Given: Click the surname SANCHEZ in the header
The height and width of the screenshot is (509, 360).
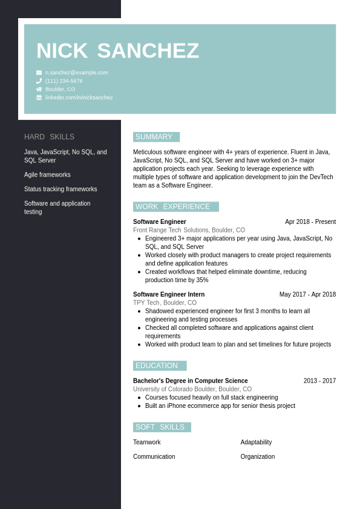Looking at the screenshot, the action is pos(148,51).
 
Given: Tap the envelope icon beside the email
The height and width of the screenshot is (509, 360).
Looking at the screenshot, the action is pos(39,73).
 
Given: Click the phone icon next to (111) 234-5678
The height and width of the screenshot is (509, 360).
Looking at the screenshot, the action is pos(39,81).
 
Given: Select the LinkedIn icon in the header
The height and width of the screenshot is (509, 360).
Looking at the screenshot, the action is pos(39,97).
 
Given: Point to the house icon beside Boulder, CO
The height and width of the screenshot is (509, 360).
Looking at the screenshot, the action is pos(39,89).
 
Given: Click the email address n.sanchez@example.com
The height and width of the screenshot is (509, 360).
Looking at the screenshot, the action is pos(77,73).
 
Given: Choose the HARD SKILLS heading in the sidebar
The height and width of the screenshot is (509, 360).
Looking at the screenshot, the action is pos(49,137).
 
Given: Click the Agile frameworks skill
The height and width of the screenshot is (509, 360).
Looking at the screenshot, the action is pos(47,175).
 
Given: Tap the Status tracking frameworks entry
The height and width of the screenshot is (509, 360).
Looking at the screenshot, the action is pos(61,189).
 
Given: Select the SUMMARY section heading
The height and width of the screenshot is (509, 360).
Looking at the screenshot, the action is pos(154,137).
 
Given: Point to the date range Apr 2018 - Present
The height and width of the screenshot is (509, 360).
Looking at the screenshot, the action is pos(310,222).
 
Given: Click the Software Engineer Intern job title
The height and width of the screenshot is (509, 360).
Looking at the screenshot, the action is pos(169,295).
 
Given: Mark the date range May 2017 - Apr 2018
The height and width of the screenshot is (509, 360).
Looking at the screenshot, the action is pos(307,295).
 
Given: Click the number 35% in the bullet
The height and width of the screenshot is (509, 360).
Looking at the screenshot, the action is pos(202,280).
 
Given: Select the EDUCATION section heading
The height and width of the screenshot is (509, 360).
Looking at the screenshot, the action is pos(157,366).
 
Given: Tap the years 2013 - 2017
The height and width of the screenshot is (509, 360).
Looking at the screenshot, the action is pos(319,381).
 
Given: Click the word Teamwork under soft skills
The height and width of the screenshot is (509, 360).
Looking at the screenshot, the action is pos(147,442).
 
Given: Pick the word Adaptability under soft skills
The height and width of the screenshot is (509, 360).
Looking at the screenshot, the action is pos(256,442).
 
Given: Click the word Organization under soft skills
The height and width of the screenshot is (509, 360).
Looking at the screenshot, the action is pos(258,457).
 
